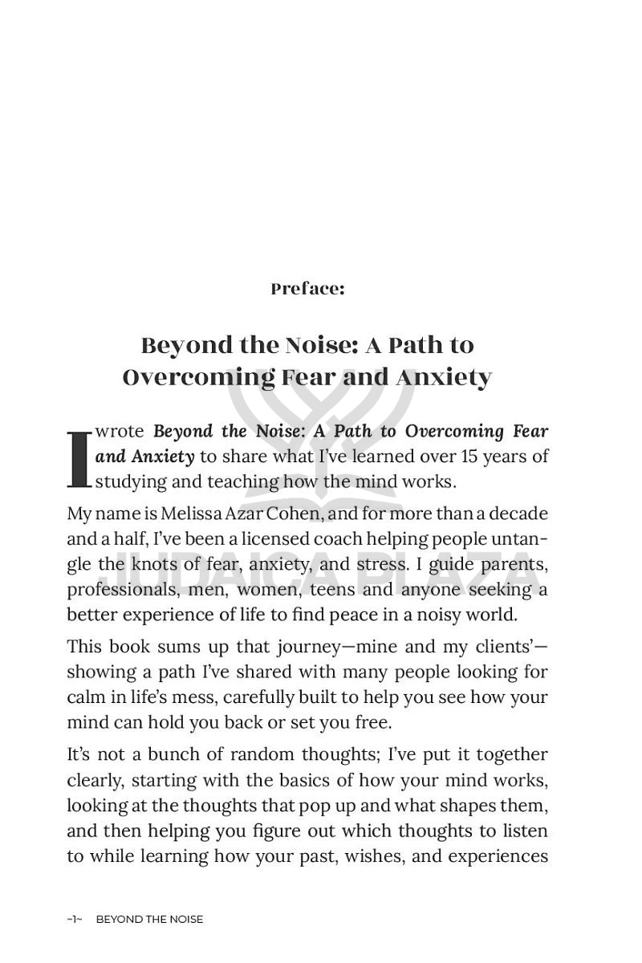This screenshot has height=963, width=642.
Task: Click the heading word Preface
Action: [306, 289]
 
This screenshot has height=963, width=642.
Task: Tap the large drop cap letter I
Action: [79, 460]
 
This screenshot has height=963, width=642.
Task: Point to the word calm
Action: [84, 697]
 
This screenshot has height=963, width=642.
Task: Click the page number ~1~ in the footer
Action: [75, 920]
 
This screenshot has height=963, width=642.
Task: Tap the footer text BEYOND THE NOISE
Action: [149, 920]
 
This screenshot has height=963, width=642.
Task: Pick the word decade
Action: [518, 513]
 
